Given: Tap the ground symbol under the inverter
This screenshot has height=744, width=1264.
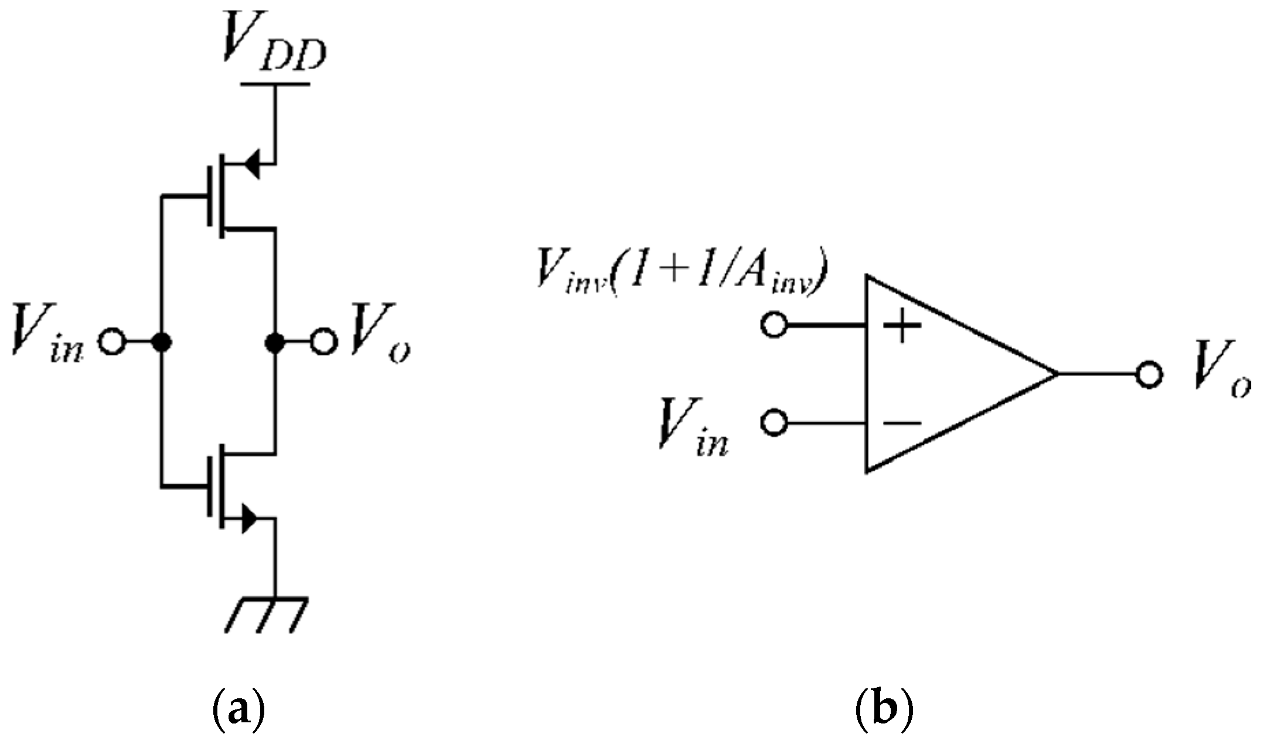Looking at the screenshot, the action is tap(265, 615).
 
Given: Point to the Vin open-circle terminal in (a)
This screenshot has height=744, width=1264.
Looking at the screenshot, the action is tap(111, 342).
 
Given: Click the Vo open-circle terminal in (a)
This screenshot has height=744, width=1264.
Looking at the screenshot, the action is tap(324, 342).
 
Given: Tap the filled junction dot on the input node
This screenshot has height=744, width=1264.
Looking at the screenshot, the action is tap(161, 342).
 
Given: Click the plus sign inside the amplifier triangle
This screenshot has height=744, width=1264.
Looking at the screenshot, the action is tap(902, 325).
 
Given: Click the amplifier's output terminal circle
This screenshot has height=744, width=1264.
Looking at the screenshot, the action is tap(1149, 374).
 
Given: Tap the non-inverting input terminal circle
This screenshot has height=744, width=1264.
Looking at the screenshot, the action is tap(774, 325).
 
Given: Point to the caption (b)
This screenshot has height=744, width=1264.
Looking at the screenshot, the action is tap(884, 709).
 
